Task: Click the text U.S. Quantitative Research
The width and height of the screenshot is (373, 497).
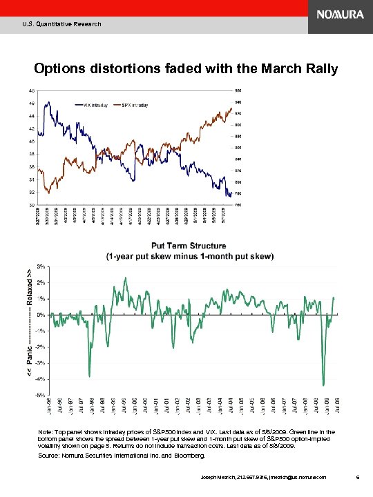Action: click(61, 24)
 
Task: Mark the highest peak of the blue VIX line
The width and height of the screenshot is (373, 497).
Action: click(47, 102)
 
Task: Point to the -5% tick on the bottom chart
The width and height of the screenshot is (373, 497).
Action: click(41, 395)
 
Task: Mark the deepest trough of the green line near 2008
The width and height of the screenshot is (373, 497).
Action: click(323, 384)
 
